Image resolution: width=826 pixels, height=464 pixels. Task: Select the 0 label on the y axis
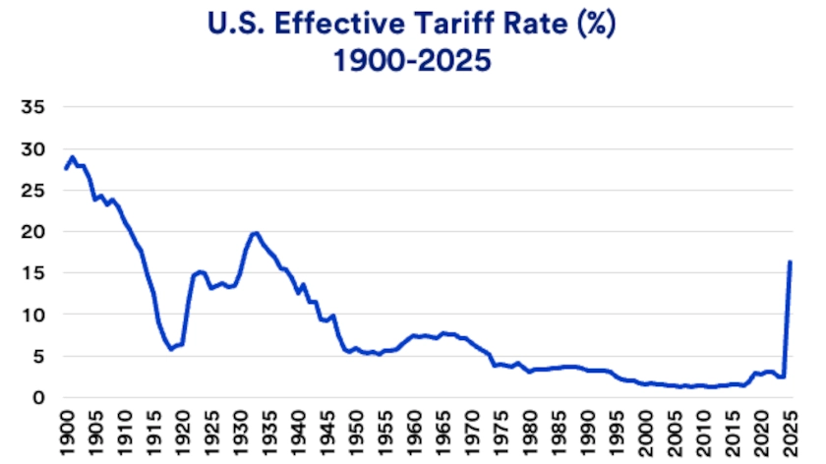click(x=39, y=398)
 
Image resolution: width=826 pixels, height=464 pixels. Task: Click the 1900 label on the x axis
click(x=67, y=433)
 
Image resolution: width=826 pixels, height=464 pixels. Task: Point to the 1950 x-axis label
click(x=363, y=433)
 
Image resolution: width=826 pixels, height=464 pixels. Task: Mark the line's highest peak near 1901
click(x=73, y=156)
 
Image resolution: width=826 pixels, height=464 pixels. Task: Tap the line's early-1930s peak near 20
click(x=256, y=233)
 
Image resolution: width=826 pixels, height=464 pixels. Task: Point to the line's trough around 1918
click(x=172, y=349)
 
